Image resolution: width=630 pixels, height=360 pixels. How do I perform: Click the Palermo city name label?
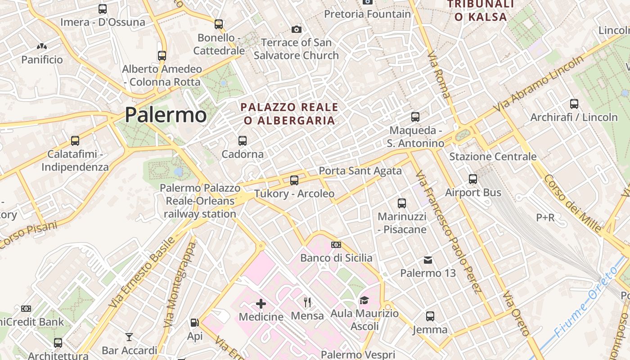166,115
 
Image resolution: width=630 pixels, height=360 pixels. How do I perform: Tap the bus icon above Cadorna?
243,140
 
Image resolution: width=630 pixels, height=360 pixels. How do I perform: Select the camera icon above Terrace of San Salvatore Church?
297,29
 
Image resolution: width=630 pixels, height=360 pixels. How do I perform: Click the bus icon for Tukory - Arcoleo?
294,180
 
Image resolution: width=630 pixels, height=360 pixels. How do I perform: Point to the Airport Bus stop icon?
473,179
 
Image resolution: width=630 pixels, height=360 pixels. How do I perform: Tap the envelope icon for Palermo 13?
428,260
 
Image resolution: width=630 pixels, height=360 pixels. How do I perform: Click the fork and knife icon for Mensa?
308,302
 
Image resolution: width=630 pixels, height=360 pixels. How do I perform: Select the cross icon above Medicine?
261,303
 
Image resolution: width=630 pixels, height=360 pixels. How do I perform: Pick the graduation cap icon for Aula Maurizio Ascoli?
364,300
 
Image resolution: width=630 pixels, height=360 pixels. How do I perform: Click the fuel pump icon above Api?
194,322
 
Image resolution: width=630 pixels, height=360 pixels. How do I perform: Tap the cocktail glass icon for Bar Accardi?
129,337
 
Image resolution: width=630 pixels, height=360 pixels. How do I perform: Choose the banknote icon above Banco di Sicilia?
336,245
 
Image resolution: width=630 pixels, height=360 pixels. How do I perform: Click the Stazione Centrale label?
493,157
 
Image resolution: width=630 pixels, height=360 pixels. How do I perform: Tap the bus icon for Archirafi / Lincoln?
574,104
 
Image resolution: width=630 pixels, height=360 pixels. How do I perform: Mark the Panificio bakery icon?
42,46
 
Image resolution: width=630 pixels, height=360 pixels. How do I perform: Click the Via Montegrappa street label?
180,285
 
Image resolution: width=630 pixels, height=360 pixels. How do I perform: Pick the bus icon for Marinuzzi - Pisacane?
402,203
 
